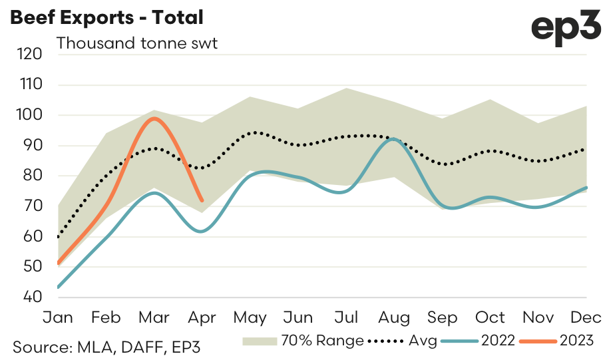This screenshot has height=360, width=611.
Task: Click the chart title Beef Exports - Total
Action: coord(106,17)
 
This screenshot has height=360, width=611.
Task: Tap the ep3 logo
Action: coord(566,29)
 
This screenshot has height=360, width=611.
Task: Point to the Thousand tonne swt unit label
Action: coord(138,44)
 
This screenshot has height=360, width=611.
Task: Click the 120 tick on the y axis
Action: coord(30,55)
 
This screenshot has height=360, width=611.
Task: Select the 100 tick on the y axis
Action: coord(30,115)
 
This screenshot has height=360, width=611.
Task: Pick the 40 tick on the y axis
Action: coord(31,297)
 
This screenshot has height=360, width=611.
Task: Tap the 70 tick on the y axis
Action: coord(31,206)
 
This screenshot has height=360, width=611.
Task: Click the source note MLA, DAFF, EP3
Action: coord(106,346)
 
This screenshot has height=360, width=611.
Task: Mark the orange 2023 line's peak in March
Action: coord(154,118)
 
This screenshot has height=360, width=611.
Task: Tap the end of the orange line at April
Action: coord(202,200)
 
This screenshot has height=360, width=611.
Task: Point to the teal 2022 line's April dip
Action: coord(201,231)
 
